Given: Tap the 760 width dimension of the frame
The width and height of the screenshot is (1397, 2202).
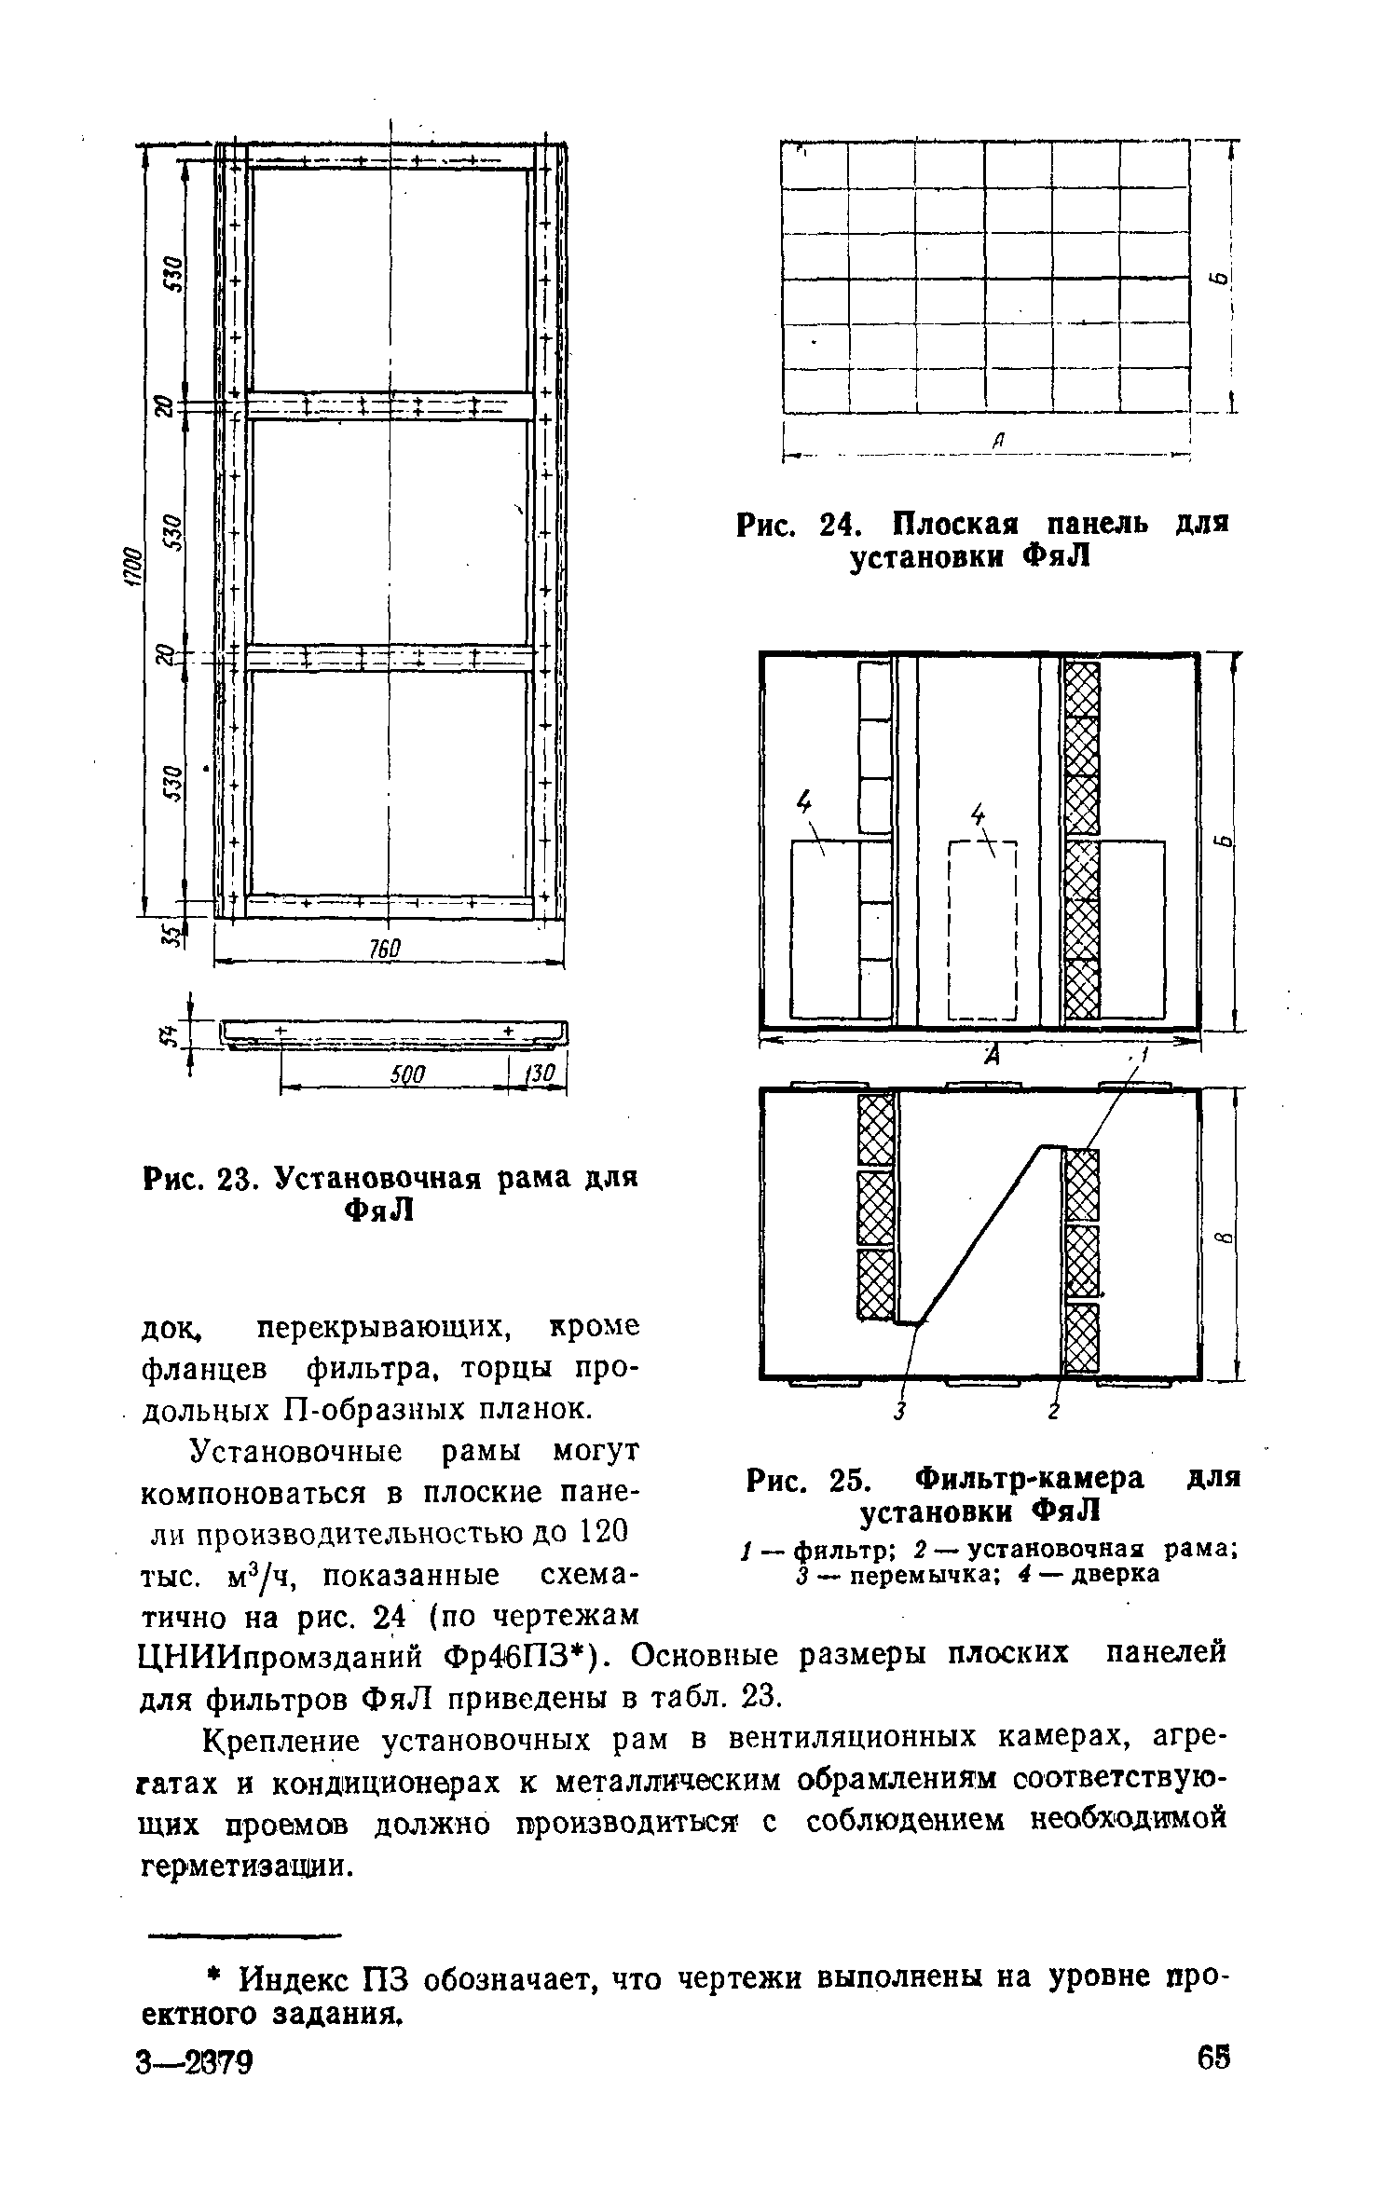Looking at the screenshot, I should point(384,949).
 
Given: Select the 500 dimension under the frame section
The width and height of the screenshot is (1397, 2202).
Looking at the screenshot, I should point(406,1075).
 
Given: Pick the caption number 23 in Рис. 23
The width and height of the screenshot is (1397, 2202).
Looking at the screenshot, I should point(238,1178).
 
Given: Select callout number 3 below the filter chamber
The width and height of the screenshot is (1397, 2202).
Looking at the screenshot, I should point(899,1412).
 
